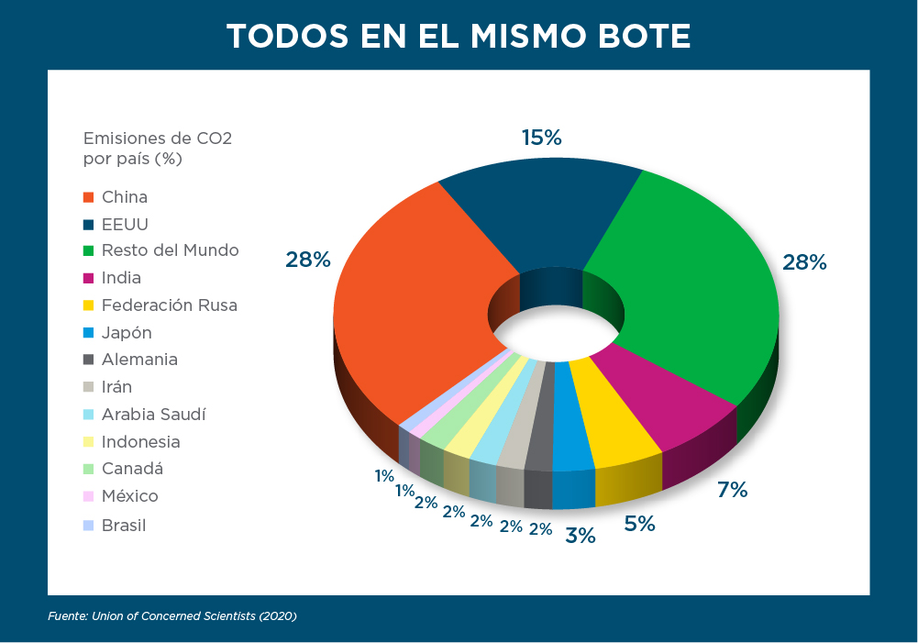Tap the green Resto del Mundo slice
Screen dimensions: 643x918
pos(697,294)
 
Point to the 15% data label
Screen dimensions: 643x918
pos(541,138)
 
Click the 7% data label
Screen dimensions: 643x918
pos(732,490)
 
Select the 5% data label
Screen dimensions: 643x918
pos(639,524)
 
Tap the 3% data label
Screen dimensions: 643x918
pos(581,535)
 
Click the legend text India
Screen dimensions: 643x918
pos(121,278)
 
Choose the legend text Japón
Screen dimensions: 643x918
pos(127,333)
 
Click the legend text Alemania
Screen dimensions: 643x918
pos(139,360)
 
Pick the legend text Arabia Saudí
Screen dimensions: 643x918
pos(153,415)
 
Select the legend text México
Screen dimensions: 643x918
pos(129,496)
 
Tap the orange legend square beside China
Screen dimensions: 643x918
pos(89,197)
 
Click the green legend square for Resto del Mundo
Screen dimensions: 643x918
pos(89,251)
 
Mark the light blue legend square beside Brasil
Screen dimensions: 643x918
pos(89,526)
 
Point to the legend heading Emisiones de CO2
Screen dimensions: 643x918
pos(157,139)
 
